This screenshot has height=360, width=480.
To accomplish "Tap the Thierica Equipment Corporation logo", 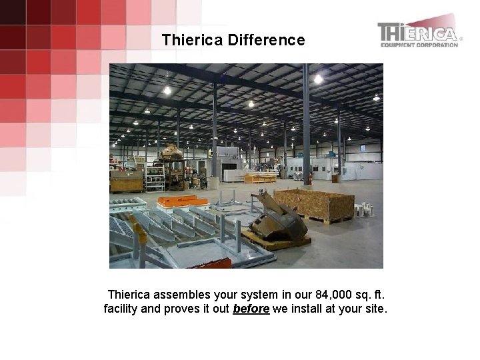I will [x=419, y=34].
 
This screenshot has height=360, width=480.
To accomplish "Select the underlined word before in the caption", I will [x=251, y=309].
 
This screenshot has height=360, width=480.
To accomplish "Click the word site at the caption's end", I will [x=373, y=309].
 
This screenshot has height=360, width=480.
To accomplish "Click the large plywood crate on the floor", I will [x=313, y=205].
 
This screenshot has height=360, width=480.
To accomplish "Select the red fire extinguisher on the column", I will [x=308, y=179].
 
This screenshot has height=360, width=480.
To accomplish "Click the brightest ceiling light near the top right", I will [x=318, y=79].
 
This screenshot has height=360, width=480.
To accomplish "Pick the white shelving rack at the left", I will [x=155, y=177].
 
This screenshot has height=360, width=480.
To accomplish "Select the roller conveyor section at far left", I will [x=127, y=203].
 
